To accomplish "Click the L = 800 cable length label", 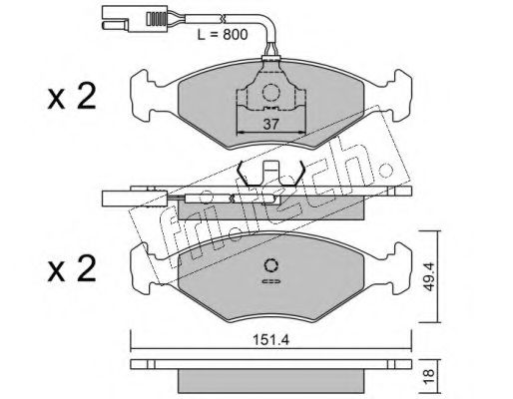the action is (x=223, y=35).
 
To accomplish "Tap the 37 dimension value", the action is (x=270, y=125).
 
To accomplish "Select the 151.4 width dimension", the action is (x=271, y=340).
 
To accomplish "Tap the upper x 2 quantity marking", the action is (x=72, y=96).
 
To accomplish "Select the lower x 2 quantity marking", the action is (x=72, y=268).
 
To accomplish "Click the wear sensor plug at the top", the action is (x=134, y=19).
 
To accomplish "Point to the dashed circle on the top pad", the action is (x=270, y=93).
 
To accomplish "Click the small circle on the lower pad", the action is (x=271, y=265).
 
